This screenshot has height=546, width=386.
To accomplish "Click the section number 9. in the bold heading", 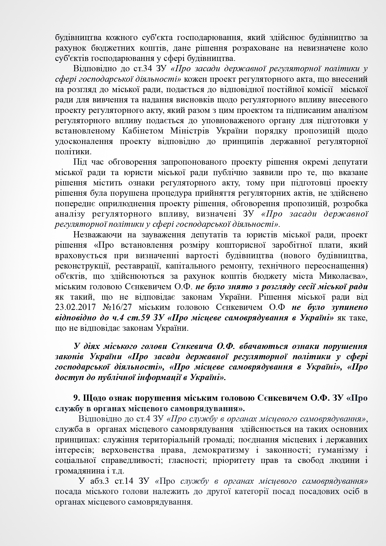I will click(x=77, y=398).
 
